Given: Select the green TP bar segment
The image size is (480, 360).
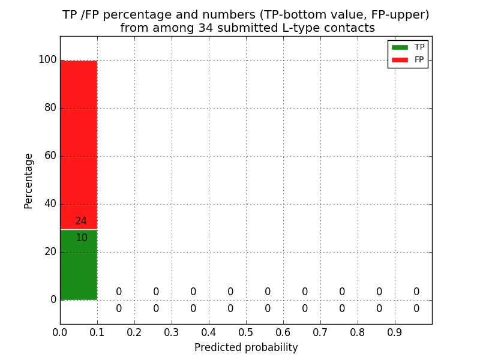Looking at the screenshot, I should (x=79, y=270).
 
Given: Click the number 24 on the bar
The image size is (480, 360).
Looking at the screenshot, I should (x=81, y=221).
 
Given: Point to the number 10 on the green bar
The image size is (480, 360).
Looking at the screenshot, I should (x=82, y=238).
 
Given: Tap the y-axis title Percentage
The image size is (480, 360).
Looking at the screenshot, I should (x=29, y=181).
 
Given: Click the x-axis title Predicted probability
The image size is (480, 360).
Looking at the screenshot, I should (x=246, y=347).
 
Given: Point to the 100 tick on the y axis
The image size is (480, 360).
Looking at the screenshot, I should (x=47, y=60).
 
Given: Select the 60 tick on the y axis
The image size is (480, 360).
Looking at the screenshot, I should (x=50, y=156).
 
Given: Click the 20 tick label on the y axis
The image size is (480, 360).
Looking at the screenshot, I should (x=50, y=252).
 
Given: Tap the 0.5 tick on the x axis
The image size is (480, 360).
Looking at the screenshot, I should (x=246, y=332).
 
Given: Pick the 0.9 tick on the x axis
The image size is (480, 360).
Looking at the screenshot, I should (x=395, y=332).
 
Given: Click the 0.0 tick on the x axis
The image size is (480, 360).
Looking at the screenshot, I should (x=60, y=332).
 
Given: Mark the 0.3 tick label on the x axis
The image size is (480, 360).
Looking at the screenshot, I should (x=172, y=332).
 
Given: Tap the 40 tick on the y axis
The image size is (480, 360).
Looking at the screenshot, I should (x=50, y=204).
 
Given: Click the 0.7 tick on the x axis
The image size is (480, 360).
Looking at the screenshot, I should (x=320, y=332).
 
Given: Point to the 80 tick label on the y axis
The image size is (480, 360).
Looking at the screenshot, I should (x=50, y=108).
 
